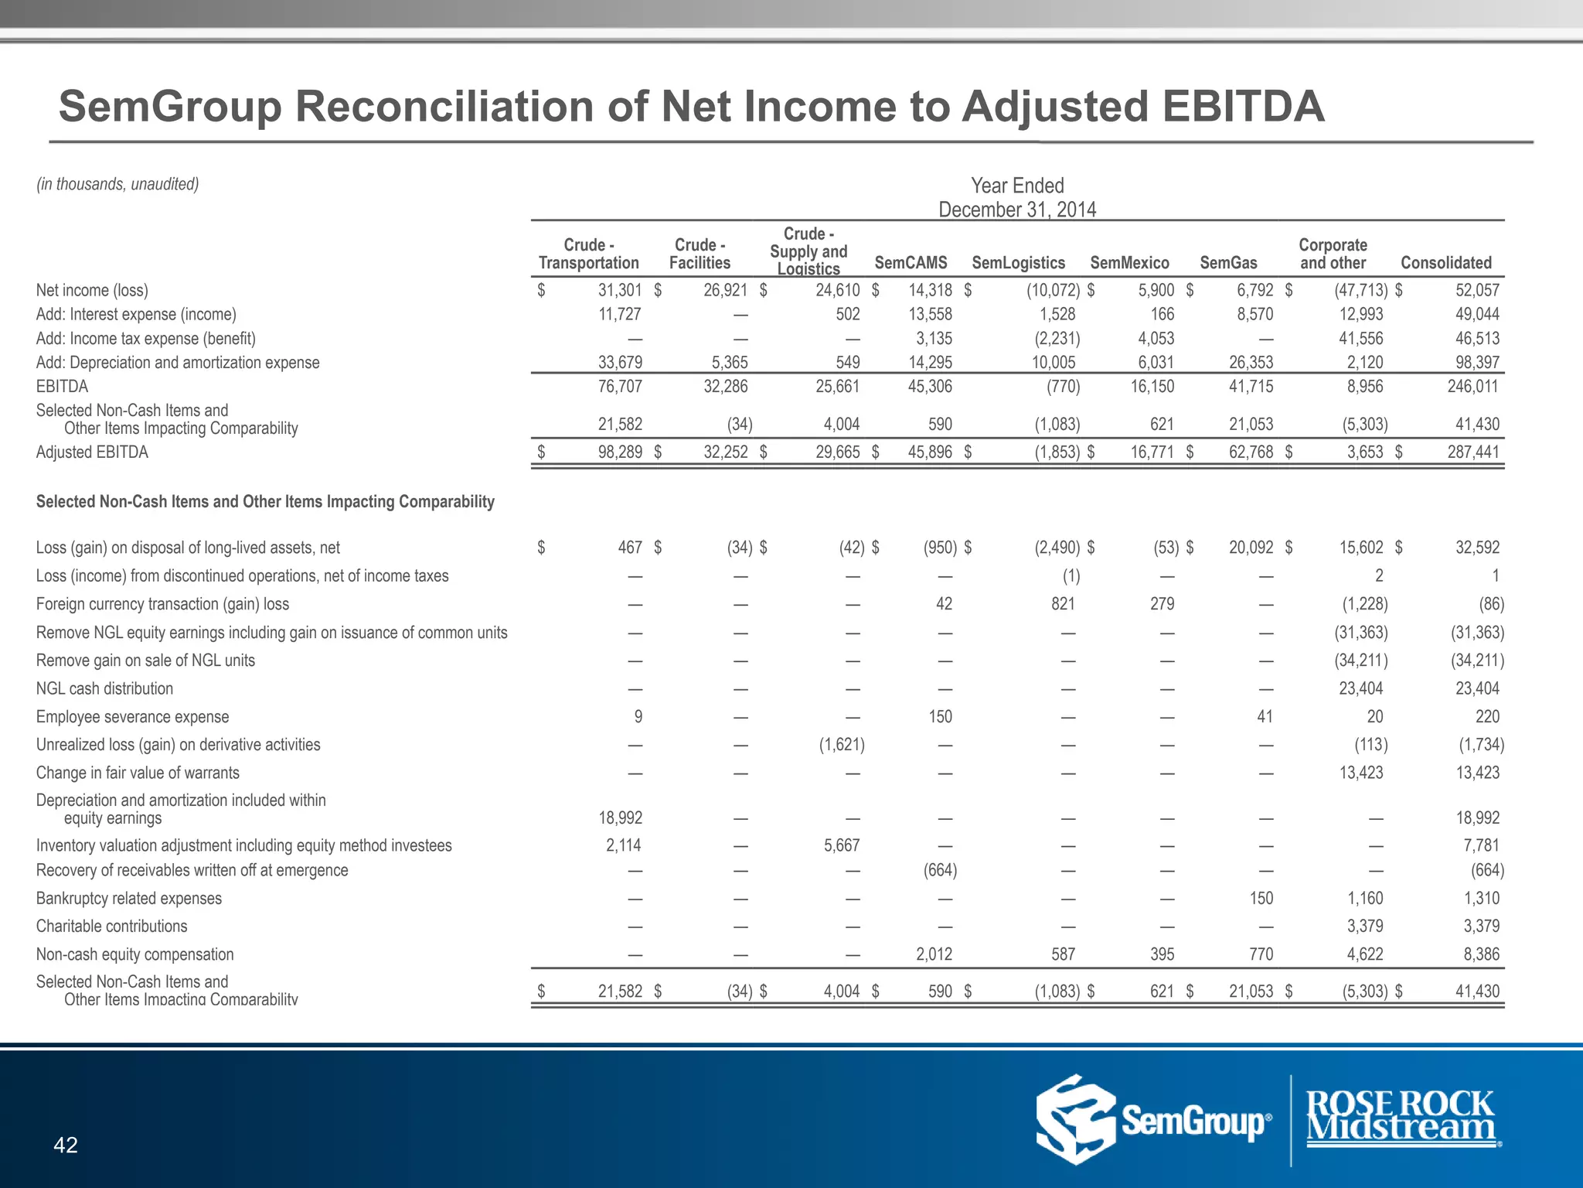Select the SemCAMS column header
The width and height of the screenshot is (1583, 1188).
(x=911, y=263)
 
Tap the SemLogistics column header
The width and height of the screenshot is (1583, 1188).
(x=1018, y=263)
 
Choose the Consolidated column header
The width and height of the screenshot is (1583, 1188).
(x=1445, y=263)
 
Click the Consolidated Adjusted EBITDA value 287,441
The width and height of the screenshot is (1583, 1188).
(x=1472, y=452)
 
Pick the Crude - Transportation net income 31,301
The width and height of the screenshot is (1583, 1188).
(x=620, y=291)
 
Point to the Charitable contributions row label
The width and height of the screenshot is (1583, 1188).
(x=111, y=927)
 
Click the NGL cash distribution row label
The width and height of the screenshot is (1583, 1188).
(x=104, y=689)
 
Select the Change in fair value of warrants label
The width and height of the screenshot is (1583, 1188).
(x=138, y=773)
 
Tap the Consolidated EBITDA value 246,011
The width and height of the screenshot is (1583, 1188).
(x=1472, y=387)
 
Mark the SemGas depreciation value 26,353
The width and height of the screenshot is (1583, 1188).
(x=1251, y=363)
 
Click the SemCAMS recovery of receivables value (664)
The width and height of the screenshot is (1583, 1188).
(x=940, y=871)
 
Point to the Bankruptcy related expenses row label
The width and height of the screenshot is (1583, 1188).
(x=128, y=899)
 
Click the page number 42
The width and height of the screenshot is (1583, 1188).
(x=66, y=1145)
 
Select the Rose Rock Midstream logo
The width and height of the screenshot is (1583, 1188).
(x=1401, y=1118)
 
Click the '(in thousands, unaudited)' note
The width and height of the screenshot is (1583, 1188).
(x=117, y=184)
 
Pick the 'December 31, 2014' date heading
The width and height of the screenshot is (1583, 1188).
(x=1017, y=210)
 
